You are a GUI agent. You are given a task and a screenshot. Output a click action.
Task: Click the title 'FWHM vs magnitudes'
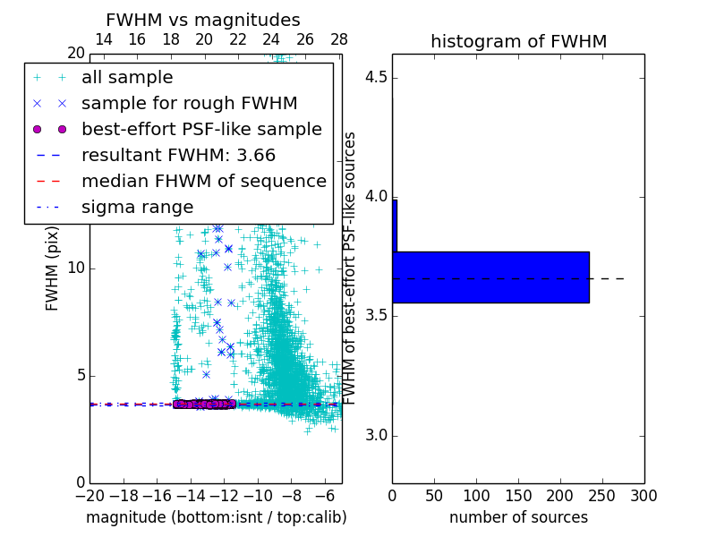pos(203,20)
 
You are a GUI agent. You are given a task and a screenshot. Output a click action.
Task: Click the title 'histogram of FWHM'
pos(518,41)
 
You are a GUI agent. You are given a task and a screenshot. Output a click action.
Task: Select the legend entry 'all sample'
pos(127,78)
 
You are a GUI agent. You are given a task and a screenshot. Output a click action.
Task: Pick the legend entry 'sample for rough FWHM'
pos(189,104)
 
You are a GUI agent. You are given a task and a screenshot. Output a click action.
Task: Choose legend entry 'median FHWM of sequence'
pos(204,182)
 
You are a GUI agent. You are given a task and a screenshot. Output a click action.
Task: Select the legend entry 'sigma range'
pos(137,208)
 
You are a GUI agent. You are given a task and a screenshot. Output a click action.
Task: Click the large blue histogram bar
pos(492,277)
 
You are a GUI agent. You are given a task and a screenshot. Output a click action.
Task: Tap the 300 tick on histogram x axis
pos(644,495)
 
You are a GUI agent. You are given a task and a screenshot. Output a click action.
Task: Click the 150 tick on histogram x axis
pos(518,495)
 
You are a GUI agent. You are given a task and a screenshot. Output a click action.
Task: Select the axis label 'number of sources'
pos(518,517)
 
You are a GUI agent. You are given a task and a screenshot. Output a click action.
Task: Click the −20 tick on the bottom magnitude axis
pos(89,495)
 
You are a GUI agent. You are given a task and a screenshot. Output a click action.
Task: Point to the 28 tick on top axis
pos(339,39)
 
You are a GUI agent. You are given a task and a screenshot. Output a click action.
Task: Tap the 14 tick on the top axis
pos(103,39)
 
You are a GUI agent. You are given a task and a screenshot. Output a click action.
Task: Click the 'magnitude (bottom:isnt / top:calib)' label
pos(216,517)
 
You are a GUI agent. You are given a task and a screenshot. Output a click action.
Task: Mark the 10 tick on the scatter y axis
pos(75,268)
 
